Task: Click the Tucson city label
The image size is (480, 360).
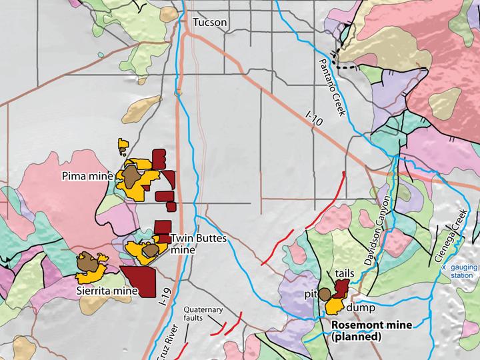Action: point(210,23)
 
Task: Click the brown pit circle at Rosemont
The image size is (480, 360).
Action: point(325,293)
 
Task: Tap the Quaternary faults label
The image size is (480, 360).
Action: point(205,313)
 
